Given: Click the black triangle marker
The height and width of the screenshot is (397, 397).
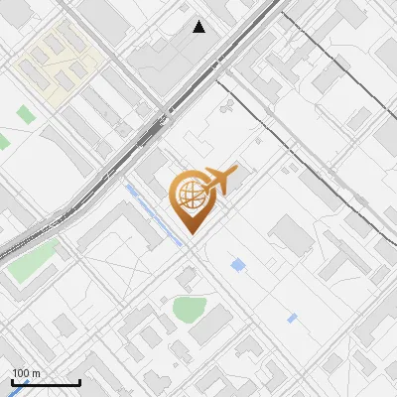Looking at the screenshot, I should tap(199, 27).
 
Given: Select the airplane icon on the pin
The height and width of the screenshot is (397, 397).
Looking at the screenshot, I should tap(220, 181).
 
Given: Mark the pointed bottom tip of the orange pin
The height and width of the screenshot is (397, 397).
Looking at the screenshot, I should tap(191, 233).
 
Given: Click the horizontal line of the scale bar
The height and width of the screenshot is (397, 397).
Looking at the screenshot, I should tap(46, 382).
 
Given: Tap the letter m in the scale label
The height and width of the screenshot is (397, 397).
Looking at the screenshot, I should tap(36, 373).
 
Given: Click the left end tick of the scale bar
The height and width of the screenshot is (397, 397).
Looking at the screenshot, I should tap(12, 380).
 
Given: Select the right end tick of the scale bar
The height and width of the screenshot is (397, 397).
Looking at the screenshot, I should tap(79, 380).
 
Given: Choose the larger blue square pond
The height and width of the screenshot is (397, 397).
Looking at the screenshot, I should tap(238, 265).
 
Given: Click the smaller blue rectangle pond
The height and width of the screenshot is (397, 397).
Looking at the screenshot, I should tap(292, 319).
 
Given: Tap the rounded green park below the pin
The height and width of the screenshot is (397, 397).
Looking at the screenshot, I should tap(189, 309).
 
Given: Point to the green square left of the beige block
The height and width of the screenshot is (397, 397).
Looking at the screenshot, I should tap(3, 141).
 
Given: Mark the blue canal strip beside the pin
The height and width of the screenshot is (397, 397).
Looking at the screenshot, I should tap(154, 213).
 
